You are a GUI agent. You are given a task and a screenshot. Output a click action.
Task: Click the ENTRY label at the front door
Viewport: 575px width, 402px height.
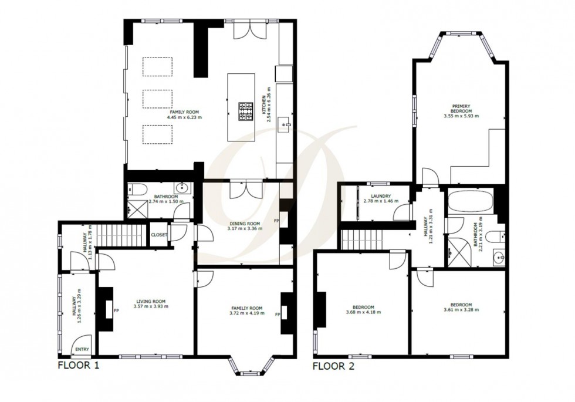(80, 350)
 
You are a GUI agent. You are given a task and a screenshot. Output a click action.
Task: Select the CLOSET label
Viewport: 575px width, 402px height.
(159, 235)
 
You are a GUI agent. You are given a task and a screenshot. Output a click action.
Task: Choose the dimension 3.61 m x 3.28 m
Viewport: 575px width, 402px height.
(458, 310)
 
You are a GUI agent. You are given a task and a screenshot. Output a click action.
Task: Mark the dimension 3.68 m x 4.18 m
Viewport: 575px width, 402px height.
(360, 312)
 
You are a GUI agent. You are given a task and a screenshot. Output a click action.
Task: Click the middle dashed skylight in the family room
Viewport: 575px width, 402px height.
(157, 99)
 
